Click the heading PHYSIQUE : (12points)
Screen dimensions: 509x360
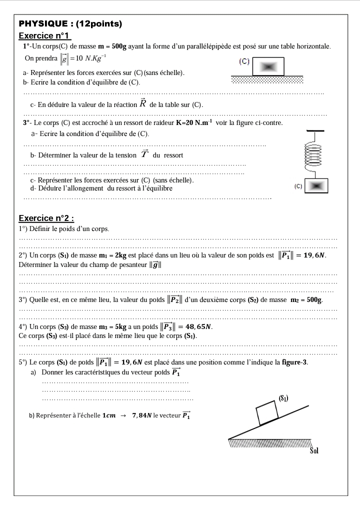[x=70, y=23]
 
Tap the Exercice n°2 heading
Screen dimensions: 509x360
[x=46, y=218]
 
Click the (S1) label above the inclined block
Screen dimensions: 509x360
[x=283, y=398]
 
